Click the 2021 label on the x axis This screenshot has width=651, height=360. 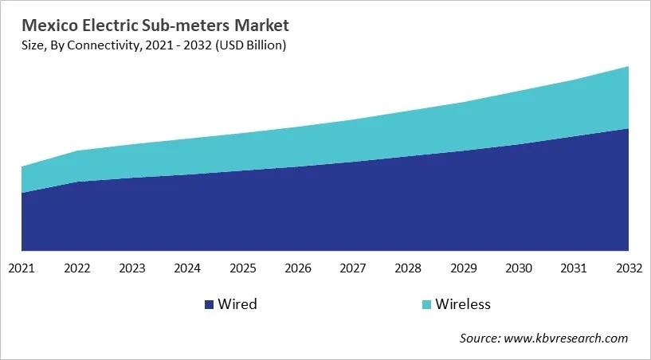click(x=22, y=268)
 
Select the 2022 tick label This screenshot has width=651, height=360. click(x=77, y=268)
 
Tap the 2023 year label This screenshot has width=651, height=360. click(x=132, y=268)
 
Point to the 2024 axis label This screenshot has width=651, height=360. click(x=187, y=268)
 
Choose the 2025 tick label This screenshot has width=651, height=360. click(x=242, y=268)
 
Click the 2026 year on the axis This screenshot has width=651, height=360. click(x=297, y=268)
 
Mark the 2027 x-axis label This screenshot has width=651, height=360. click(x=352, y=268)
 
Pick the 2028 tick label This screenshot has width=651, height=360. click(x=408, y=268)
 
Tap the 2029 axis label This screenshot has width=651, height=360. click(x=463, y=268)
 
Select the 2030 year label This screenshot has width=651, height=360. click(x=518, y=268)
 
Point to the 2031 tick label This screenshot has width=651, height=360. click(x=573, y=268)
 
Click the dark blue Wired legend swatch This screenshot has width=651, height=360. click(x=210, y=304)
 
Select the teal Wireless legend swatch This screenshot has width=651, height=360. click(x=427, y=304)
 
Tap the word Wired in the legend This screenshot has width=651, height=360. click(x=238, y=304)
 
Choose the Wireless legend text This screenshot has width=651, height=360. click(x=463, y=304)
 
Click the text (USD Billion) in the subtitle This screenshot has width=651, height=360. click(x=247, y=45)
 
